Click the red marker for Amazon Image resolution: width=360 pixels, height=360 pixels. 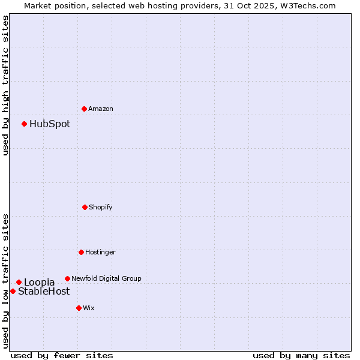coord(85,109)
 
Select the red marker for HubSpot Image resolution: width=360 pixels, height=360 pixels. coord(25,124)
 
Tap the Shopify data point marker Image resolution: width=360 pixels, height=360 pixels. coord(85,207)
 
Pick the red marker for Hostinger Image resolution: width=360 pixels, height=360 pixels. coord(81,252)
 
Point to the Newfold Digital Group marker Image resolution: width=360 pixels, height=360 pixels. coord(67,278)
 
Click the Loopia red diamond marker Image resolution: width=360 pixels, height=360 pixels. coord(19,282)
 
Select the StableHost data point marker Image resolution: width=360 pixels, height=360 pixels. coord(13,291)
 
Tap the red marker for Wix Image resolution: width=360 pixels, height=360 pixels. coord(79,308)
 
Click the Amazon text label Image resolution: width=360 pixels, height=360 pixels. coord(101,109)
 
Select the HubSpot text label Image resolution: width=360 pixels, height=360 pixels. coord(50,124)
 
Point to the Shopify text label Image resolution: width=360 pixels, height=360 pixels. coord(101,207)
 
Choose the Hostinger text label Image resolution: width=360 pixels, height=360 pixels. coord(100,252)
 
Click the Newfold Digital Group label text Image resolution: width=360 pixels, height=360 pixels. coord(106,278)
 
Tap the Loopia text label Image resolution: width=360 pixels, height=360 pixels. coord(40,282)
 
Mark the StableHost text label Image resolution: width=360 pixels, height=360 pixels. coord(44,292)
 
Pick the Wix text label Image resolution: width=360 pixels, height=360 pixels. coord(89,308)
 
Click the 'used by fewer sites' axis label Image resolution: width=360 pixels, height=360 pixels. coord(62,355)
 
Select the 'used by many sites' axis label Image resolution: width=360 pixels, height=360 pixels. coord(301,355)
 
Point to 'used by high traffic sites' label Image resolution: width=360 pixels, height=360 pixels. coord(5,85)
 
